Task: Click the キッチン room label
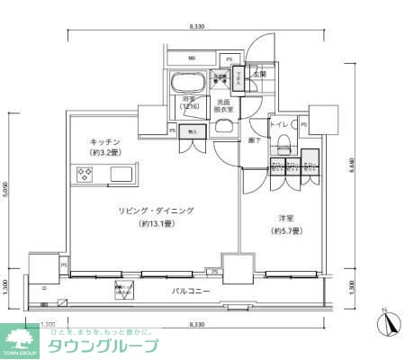pos(106,141)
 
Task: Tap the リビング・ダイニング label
pos(155,211)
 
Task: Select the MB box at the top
pos(192,59)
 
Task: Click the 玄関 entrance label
pos(259,76)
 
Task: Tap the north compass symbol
pos(385,322)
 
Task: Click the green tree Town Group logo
pos(20,339)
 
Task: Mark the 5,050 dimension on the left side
pos(6,190)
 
